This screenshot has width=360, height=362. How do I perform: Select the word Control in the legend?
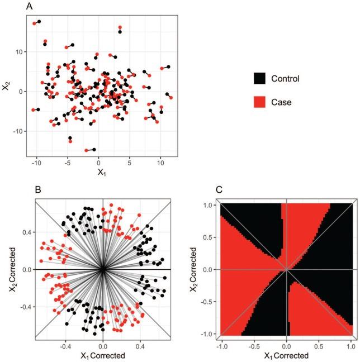pos(286,78)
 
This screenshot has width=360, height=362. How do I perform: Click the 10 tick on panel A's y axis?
pos(21,52)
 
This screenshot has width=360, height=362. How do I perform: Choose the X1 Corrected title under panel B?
pos(102,356)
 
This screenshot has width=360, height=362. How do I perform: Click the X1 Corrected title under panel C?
pos(286,356)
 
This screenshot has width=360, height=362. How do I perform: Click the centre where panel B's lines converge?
pos(103,269)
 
